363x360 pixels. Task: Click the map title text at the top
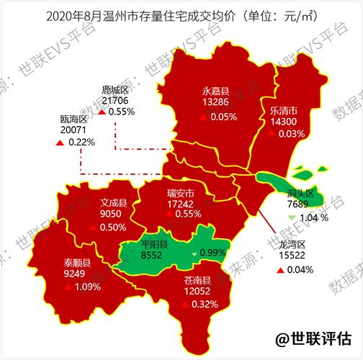181,14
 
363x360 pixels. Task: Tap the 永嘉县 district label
215,91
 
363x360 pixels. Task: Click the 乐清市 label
283,112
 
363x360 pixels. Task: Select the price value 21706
115,101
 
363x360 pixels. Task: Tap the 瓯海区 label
73,119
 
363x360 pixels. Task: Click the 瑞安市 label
180,192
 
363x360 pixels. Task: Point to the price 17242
180,204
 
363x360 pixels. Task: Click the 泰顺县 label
77,263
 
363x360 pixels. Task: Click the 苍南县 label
196,280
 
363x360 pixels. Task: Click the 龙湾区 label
292,245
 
